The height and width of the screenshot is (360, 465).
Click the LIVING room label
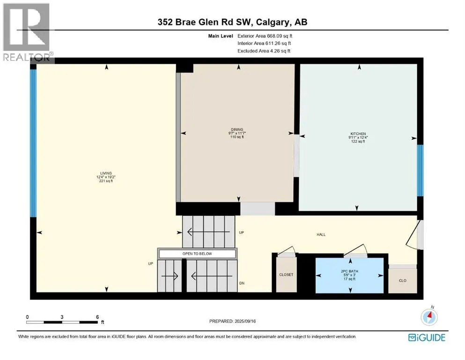click(x=106, y=173)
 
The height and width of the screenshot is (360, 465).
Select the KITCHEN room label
click(x=358, y=134)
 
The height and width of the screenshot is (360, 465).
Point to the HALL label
click(x=321, y=235)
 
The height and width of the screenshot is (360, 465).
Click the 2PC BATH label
click(x=351, y=271)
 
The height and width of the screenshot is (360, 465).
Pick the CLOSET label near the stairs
click(x=286, y=275)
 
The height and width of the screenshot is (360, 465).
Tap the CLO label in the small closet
click(x=402, y=281)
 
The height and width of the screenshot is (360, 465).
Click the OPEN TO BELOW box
click(x=197, y=254)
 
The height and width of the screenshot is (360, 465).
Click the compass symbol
click(x=429, y=317)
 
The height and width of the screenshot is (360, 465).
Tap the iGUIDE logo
click(x=427, y=337)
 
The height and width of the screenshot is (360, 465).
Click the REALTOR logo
click(x=27, y=32)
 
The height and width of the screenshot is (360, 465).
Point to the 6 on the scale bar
click(x=97, y=317)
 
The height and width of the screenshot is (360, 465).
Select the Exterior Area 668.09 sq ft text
click(x=265, y=36)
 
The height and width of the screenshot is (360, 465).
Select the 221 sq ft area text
click(x=106, y=181)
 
